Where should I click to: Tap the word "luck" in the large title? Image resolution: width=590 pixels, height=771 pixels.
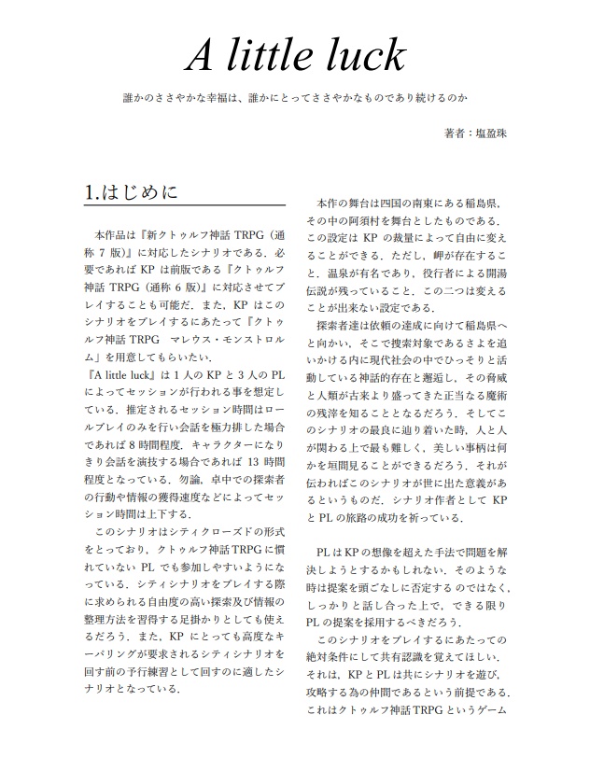click(x=367, y=57)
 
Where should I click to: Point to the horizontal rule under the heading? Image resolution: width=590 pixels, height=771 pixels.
click(x=184, y=205)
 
